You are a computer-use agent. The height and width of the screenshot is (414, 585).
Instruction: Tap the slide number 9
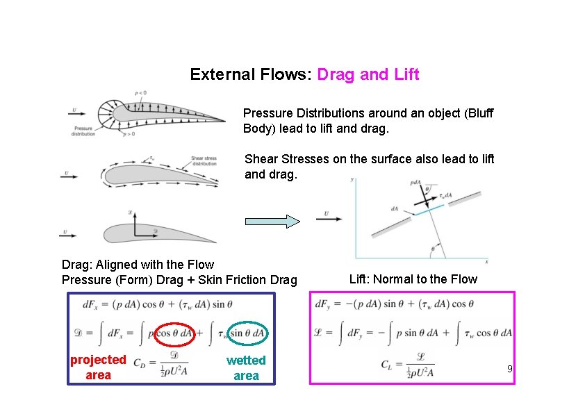[509, 369]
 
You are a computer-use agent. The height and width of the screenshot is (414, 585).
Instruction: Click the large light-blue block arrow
[272, 222]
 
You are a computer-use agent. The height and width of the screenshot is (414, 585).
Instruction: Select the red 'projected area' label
[98, 367]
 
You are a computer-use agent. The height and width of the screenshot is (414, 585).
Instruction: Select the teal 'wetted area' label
[246, 367]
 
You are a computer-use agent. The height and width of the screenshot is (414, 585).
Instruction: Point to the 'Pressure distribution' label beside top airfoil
[83, 131]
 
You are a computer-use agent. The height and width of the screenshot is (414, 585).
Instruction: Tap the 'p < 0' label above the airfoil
[139, 93]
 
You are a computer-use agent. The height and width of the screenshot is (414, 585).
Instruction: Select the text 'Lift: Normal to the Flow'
[413, 279]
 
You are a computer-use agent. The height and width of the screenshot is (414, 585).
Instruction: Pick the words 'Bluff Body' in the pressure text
[368, 121]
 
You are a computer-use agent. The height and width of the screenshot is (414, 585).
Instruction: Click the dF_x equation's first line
[157, 304]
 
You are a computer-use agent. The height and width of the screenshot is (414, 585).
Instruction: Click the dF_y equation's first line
[394, 304]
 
